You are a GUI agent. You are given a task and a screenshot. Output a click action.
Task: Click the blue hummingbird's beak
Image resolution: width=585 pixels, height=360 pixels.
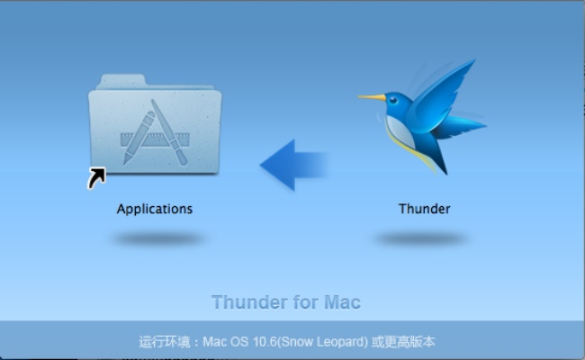click(x=372, y=96)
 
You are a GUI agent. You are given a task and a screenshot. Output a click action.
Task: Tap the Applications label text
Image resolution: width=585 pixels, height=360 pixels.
click(x=154, y=209)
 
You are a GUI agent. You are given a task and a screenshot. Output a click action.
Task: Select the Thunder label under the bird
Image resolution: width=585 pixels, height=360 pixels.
click(x=424, y=209)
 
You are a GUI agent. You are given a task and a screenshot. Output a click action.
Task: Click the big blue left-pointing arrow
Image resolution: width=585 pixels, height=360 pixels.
click(x=292, y=164)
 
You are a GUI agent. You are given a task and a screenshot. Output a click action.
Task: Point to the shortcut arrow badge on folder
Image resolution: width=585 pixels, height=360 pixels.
click(x=96, y=178)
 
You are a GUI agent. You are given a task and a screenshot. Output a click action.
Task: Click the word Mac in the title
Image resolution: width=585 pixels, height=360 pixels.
click(x=342, y=302)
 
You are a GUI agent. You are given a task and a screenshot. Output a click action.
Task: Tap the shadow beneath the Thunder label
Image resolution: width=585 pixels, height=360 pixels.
click(x=421, y=238)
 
